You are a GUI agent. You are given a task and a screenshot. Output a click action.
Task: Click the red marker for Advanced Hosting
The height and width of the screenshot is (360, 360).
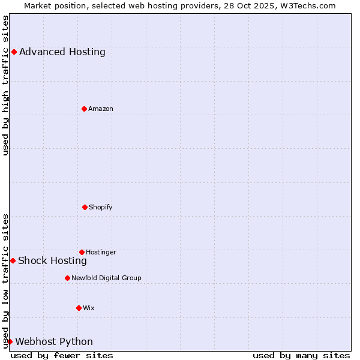tap(14, 52)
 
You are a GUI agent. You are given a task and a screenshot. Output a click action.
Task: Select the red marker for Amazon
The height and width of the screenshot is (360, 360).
tap(84, 109)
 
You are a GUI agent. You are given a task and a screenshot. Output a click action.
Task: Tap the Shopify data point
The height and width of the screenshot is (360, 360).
tap(85, 207)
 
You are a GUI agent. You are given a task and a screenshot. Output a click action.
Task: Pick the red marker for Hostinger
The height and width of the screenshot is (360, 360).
tap(82, 252)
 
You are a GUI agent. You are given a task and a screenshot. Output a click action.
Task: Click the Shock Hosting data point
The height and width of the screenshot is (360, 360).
tap(13, 260)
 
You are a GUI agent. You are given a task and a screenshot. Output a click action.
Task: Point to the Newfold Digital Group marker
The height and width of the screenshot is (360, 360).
tap(67, 278)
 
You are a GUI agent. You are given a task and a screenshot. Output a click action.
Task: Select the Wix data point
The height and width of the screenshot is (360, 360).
tap(79, 308)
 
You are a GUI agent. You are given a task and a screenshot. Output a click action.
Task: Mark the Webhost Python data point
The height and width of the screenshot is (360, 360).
tap(10, 341)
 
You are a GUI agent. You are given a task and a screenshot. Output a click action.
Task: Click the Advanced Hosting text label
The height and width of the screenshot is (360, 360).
tap(62, 52)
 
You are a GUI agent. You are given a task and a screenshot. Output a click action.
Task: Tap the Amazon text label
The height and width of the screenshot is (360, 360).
tap(101, 109)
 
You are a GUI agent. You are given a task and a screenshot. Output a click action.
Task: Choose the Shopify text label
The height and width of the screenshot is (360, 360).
tap(101, 207)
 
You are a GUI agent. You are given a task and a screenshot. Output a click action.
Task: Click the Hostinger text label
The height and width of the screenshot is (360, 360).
tap(101, 252)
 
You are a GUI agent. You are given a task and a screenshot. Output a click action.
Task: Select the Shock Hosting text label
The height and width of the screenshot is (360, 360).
tap(52, 260)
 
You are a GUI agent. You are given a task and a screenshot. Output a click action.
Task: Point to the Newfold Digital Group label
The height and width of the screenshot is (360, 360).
tap(106, 278)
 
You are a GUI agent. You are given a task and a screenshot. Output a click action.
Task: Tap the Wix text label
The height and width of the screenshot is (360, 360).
tap(89, 308)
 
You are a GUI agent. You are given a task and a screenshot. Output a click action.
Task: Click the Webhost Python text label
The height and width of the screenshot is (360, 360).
tap(54, 341)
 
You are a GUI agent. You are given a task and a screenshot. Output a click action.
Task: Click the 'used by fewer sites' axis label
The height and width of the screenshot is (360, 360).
tap(62, 355)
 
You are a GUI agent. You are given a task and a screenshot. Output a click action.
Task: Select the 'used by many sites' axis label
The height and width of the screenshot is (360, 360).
tap(301, 355)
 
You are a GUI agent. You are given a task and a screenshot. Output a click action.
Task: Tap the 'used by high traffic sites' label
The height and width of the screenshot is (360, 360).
tap(5, 85)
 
